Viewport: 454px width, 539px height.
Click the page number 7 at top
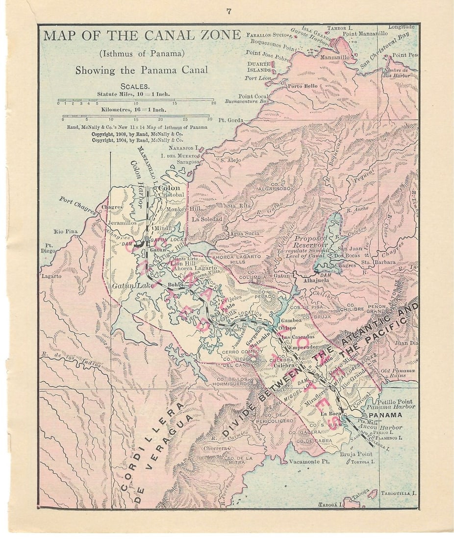[229, 11]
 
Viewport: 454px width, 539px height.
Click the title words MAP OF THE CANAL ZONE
[142, 36]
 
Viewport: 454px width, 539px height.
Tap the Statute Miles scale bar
[136, 100]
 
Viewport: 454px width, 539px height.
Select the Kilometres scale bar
[136, 116]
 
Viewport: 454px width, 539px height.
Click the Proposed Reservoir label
[310, 244]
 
